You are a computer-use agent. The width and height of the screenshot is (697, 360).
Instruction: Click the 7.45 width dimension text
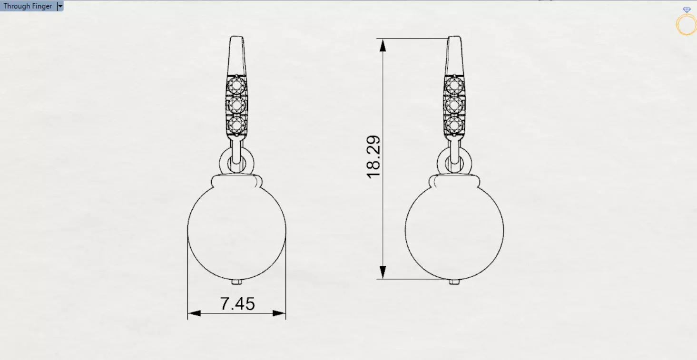click(x=237, y=303)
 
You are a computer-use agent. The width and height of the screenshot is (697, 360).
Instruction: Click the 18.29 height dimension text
click(x=374, y=157)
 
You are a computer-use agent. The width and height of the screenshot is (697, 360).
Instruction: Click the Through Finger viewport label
click(x=28, y=6)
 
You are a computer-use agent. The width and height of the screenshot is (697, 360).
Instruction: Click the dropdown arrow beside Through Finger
click(x=60, y=6)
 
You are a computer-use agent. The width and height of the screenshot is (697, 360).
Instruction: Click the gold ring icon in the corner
click(x=686, y=24)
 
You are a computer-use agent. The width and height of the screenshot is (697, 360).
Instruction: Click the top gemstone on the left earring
click(x=236, y=86)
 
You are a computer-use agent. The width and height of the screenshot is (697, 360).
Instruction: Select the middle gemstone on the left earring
click(x=236, y=105)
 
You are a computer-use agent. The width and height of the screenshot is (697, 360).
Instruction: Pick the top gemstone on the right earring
click(x=454, y=86)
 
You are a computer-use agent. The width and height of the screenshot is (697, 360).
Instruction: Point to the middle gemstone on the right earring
click(x=454, y=105)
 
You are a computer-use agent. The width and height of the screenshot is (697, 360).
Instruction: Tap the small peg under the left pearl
click(x=237, y=282)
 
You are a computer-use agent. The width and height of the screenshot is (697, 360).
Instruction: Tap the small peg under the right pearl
click(x=454, y=282)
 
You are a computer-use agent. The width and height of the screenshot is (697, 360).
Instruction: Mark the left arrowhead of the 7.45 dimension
click(x=194, y=313)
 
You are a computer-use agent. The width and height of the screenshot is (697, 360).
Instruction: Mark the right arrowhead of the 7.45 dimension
click(x=279, y=313)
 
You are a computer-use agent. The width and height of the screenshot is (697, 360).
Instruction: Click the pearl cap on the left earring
click(x=237, y=181)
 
